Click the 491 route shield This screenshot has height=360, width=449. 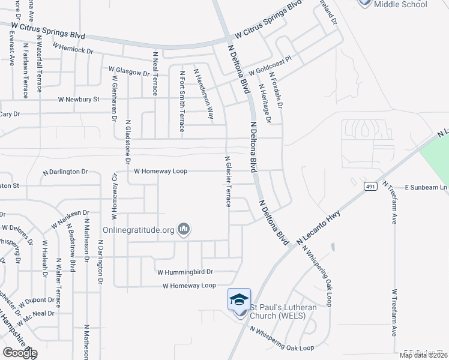(x=369, y=187)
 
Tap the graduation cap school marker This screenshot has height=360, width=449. (x=239, y=299)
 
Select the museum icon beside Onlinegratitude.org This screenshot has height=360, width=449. (x=184, y=229)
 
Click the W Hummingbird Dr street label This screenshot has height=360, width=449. (x=184, y=271)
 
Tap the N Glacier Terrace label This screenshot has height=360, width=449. (x=228, y=182)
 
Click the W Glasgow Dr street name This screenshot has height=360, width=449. (x=128, y=72)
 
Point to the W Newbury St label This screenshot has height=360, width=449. (x=78, y=100)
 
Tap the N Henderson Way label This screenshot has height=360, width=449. (x=203, y=92)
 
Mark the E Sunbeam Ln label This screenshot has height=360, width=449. (x=426, y=187)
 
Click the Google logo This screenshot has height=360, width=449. (x=19, y=353)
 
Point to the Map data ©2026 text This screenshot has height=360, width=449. (x=423, y=355)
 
